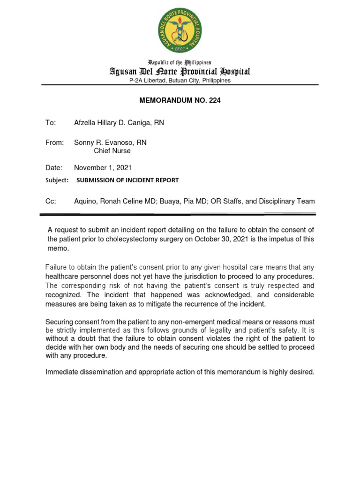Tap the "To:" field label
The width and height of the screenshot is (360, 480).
click(x=50, y=123)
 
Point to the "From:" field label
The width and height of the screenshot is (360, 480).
click(x=54, y=142)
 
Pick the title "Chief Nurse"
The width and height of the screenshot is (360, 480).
click(x=112, y=151)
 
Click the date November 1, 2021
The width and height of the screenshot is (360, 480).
click(x=103, y=167)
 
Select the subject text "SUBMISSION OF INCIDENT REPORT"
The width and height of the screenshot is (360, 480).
click(x=127, y=180)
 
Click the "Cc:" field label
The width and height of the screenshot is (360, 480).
click(x=51, y=201)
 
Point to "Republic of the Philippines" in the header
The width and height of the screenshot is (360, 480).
click(x=180, y=62)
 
